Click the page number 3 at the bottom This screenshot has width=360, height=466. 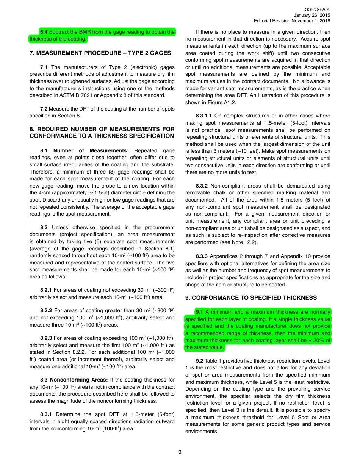point(180,452)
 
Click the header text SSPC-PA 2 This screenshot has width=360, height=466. point(317,9)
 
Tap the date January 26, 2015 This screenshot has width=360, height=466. point(312,15)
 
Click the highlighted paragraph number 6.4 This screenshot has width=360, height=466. point(44,32)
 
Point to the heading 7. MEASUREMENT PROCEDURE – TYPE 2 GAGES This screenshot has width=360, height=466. point(100,53)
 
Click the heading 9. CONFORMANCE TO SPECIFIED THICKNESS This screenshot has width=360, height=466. point(251,298)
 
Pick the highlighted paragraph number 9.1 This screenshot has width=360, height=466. point(200,312)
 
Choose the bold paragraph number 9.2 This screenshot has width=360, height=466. point(199,361)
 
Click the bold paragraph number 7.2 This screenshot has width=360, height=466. point(44,109)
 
